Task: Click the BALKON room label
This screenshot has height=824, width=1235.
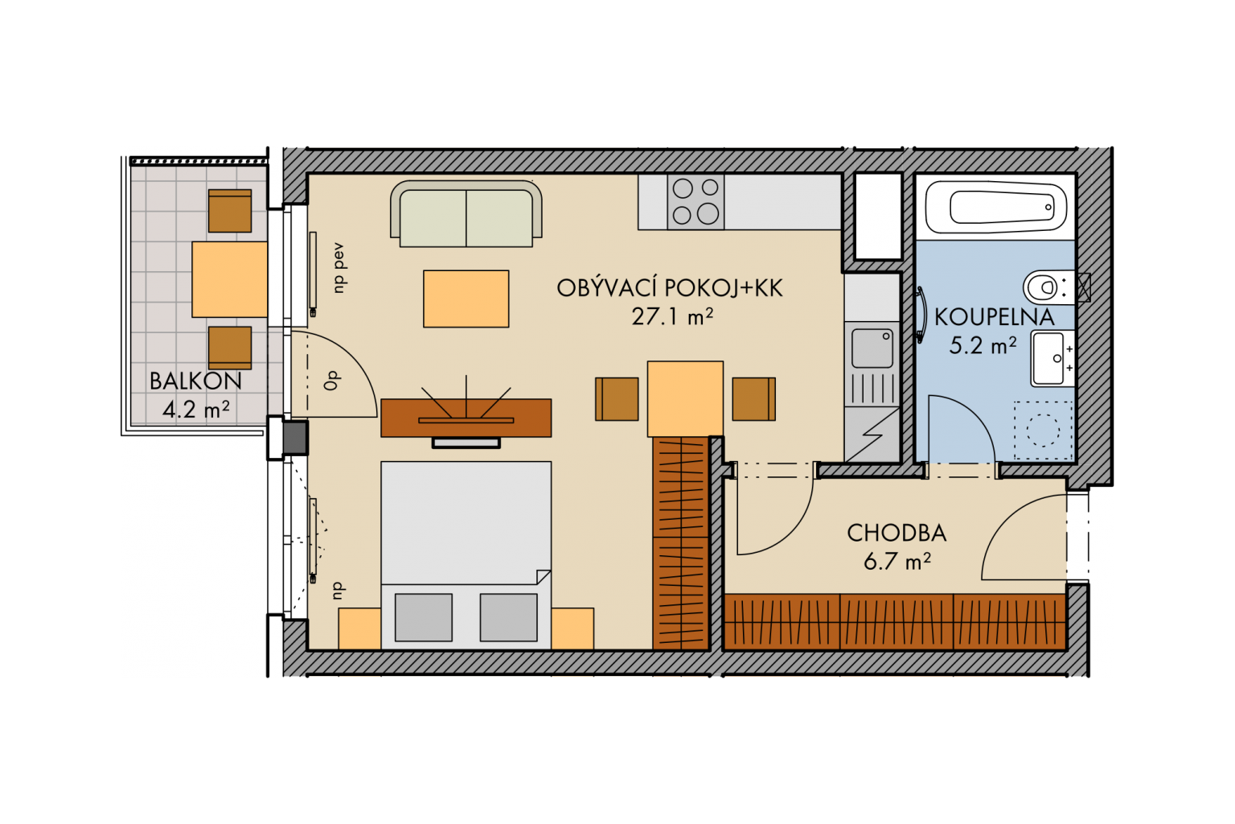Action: click(x=195, y=381)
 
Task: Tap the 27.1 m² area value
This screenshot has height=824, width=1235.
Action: click(x=672, y=317)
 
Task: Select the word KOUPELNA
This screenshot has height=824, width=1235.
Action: click(x=995, y=317)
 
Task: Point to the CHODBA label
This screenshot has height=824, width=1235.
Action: click(x=897, y=534)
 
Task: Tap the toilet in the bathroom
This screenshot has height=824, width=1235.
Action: click(x=1049, y=287)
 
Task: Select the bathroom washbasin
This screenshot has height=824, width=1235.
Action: click(x=1052, y=358)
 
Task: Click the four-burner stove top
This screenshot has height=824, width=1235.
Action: click(x=695, y=202)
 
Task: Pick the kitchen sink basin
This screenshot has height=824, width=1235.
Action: click(x=872, y=348)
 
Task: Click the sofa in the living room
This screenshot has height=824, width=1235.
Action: click(x=466, y=213)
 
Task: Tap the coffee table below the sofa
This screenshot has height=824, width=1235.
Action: click(x=466, y=299)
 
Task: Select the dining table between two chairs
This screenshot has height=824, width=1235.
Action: click(x=685, y=398)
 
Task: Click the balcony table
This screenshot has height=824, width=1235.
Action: click(x=229, y=279)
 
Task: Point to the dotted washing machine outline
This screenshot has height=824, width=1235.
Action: click(x=1043, y=431)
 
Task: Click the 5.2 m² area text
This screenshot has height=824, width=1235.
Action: click(x=983, y=346)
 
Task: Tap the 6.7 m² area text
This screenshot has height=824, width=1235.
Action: click(x=897, y=562)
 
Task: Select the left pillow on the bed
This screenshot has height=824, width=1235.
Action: click(x=424, y=617)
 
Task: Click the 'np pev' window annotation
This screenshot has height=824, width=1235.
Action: click(x=338, y=268)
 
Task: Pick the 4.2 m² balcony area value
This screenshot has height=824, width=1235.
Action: click(x=196, y=410)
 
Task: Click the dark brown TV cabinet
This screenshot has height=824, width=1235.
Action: click(x=466, y=418)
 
